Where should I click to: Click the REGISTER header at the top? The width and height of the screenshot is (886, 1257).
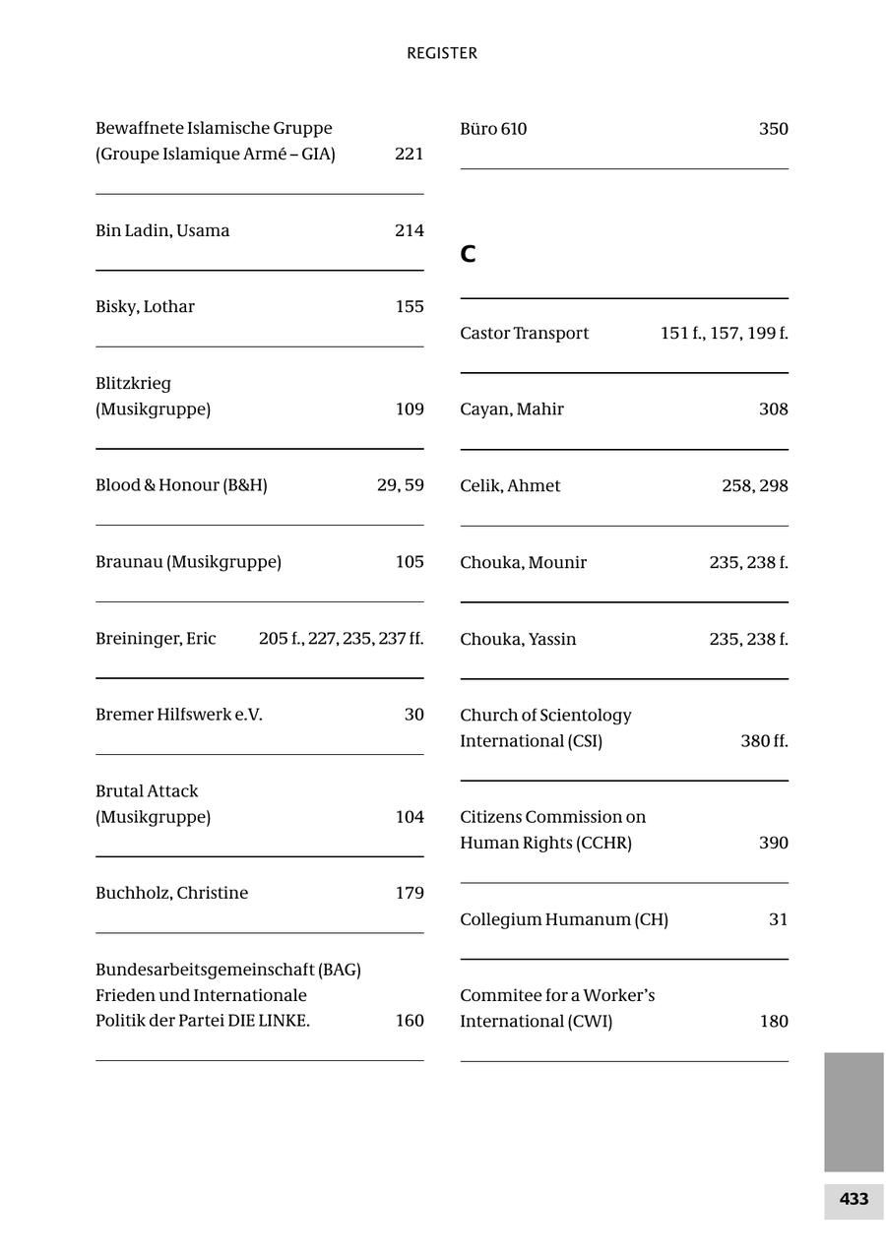(442, 53)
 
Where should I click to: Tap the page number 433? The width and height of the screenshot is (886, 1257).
(854, 1199)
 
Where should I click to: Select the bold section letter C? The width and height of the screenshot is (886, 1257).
(468, 254)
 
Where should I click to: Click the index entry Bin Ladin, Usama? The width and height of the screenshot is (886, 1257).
(162, 230)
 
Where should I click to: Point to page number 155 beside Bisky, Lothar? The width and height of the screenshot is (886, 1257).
(410, 306)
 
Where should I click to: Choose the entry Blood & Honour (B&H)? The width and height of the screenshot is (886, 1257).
(181, 485)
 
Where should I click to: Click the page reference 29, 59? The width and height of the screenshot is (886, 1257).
(400, 485)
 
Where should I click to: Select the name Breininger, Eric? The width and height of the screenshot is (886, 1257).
(156, 638)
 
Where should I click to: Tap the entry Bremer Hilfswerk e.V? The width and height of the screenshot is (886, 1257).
(179, 715)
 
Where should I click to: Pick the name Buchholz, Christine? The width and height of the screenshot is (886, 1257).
(171, 893)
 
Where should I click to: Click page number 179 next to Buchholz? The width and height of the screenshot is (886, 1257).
(410, 893)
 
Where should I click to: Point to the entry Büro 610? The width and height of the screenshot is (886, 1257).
(493, 129)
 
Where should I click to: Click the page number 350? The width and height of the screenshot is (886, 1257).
(773, 129)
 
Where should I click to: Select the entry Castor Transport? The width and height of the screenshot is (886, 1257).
(524, 333)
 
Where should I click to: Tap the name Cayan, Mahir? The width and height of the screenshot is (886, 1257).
(512, 409)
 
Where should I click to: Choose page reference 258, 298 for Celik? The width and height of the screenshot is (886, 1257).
(754, 485)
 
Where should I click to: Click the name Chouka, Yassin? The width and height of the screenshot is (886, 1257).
(518, 639)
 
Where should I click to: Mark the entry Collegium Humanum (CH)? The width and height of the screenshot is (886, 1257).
(564, 919)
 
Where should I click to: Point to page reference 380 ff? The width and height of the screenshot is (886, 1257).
(764, 741)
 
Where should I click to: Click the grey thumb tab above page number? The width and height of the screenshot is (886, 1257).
(854, 1111)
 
